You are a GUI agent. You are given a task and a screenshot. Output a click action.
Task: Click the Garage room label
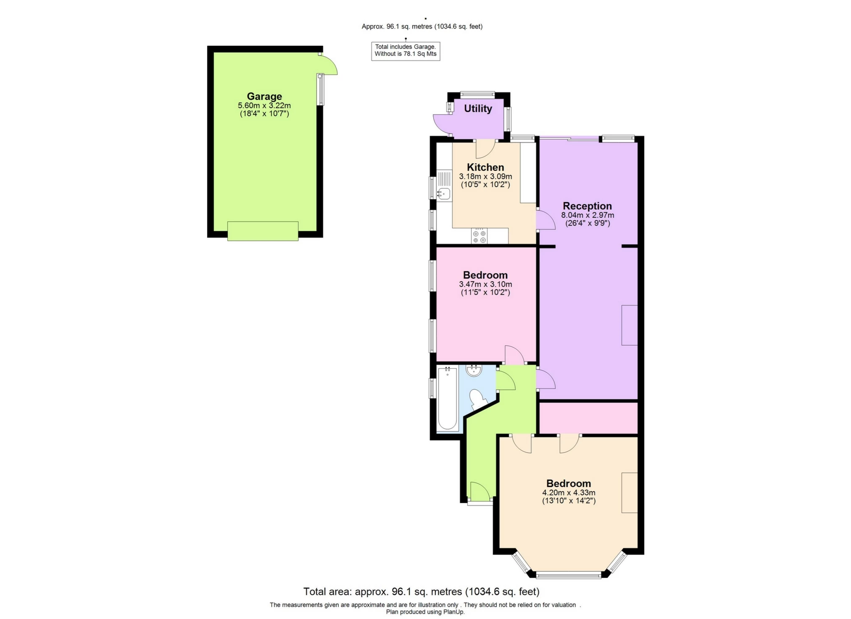coord(264,96)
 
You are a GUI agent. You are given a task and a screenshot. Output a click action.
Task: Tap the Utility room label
coord(478,108)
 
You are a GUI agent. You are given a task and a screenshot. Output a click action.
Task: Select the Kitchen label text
coord(485,167)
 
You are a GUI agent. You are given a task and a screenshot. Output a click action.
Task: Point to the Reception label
coord(587,206)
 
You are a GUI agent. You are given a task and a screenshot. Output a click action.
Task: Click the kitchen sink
coord(444,193)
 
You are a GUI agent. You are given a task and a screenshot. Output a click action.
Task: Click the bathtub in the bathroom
coord(447,398)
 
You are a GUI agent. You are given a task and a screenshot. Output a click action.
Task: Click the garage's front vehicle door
coord(263,231)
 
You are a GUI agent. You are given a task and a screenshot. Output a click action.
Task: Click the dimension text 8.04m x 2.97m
coord(587,215)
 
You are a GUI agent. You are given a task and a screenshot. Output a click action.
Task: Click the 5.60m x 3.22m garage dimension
coord(264,105)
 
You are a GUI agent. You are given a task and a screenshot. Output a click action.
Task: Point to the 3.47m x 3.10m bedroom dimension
coord(485,284)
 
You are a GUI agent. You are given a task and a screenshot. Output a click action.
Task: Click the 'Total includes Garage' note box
coord(406,50)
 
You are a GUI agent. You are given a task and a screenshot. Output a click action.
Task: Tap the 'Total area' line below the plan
coord(421,592)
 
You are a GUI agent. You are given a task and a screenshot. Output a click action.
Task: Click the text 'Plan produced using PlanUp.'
coord(425,612)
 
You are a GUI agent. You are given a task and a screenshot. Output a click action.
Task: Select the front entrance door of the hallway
coord(480,492)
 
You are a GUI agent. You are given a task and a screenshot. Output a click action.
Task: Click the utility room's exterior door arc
coord(441,125)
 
